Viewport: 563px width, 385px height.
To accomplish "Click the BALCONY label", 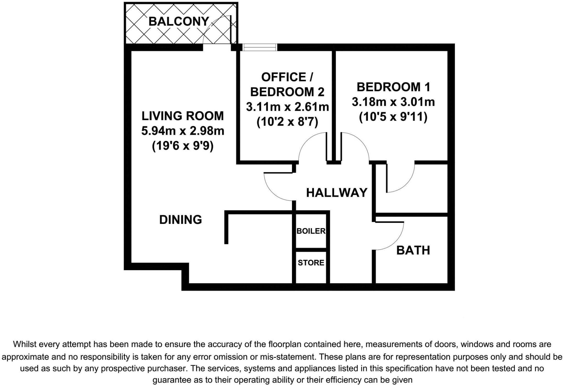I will (x=179, y=21).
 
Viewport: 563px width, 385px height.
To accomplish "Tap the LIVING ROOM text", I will (x=183, y=116).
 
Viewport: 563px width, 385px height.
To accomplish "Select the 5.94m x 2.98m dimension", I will (x=183, y=131).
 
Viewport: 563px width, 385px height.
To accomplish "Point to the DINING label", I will (x=181, y=220).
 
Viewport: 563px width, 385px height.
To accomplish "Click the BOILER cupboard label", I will (x=311, y=231).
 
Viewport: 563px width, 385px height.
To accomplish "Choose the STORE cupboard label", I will (x=311, y=263).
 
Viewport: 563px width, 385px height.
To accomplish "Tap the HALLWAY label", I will (x=336, y=193).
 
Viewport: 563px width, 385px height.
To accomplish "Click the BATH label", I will (x=413, y=250).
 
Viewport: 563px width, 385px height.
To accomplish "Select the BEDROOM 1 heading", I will (x=393, y=87).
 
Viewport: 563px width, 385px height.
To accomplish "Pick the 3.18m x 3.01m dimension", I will (x=393, y=102).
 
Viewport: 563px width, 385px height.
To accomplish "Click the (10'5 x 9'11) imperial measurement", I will (x=393, y=117).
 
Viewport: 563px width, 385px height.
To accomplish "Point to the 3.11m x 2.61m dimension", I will (x=287, y=107).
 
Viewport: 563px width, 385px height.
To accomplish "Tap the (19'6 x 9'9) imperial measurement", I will (x=183, y=146).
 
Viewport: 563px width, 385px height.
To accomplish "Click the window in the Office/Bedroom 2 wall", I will (x=260, y=47).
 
